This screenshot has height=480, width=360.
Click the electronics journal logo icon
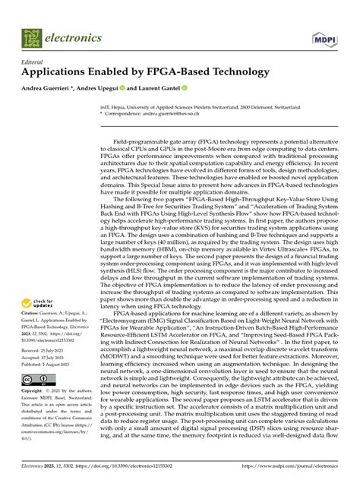point(31,36)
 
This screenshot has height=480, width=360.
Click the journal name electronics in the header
point(74,36)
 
